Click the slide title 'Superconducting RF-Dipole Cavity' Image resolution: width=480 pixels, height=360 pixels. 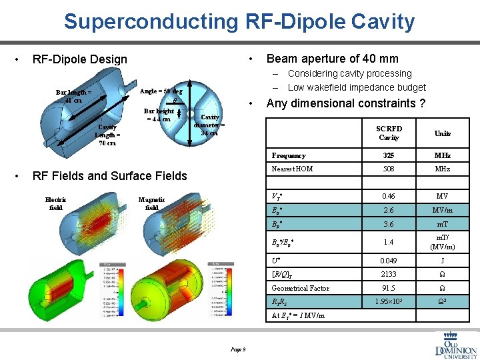click(239, 21)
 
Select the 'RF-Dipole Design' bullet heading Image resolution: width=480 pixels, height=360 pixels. click(79, 59)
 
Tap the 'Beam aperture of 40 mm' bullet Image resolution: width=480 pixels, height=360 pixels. click(332, 59)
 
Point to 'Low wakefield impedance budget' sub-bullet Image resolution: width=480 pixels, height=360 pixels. click(356, 87)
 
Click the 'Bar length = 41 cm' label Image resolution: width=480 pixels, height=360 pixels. click(74, 96)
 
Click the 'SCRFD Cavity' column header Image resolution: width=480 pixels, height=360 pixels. click(389, 133)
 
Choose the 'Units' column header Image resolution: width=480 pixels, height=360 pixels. click(442, 133)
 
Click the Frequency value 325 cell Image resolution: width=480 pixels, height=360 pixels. click(389, 155)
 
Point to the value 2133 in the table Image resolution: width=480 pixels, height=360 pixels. click(389, 274)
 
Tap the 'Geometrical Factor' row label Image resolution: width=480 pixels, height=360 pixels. click(300, 288)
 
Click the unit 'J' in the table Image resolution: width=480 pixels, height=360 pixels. click(442, 261)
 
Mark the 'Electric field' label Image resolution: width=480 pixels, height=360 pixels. click(55, 203)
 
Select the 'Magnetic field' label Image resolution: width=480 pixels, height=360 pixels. click(151, 203)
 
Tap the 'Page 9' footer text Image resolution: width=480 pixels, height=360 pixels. click(238, 349)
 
